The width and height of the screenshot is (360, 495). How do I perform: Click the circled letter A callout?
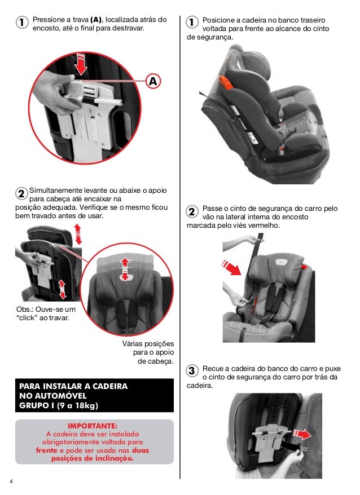[153, 81]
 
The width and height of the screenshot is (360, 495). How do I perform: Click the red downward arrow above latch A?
[81, 64]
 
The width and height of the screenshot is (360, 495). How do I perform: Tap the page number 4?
[11, 481]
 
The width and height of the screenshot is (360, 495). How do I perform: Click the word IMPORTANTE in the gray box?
[93, 426]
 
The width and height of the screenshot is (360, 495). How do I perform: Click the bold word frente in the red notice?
[46, 450]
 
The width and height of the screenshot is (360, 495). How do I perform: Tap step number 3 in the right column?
[192, 370]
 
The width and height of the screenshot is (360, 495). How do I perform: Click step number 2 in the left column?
[21, 193]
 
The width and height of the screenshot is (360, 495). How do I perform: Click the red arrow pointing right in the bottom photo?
[302, 434]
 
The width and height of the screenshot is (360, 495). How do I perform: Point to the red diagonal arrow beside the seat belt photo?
[231, 267]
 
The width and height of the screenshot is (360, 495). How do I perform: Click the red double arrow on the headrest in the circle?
[125, 269]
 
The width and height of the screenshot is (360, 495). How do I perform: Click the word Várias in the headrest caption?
[133, 343]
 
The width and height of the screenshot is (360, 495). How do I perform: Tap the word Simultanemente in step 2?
[56, 191]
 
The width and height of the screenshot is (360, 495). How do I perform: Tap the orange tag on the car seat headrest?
[225, 82]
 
